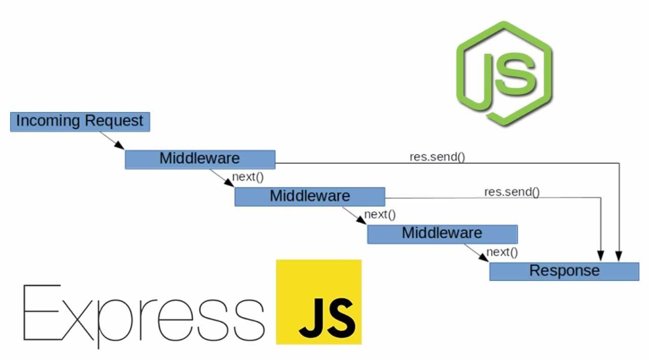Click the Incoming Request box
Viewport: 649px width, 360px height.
[x=80, y=122]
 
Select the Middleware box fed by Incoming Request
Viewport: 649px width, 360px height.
[x=200, y=159]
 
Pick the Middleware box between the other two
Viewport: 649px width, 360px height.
[x=309, y=196]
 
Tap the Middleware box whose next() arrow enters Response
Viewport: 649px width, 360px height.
[x=442, y=234]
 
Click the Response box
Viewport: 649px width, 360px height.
[x=564, y=271]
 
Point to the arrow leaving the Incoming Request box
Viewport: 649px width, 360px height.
[x=112, y=140]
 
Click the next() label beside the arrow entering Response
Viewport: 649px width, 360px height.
[x=502, y=252]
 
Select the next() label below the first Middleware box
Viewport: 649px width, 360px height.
[x=248, y=177]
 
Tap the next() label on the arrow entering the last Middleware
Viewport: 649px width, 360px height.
[x=380, y=214]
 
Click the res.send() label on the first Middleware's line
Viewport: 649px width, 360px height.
[x=437, y=157]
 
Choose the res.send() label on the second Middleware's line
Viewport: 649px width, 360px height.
[x=512, y=192]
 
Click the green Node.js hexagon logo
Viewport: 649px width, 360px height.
[x=504, y=74]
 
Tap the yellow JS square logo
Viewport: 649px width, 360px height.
[x=318, y=302]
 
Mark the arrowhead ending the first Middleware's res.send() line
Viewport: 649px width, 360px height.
[x=619, y=258]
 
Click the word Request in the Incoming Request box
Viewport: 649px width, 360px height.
[x=114, y=122]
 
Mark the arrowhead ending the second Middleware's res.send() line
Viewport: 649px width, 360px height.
[x=601, y=258]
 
